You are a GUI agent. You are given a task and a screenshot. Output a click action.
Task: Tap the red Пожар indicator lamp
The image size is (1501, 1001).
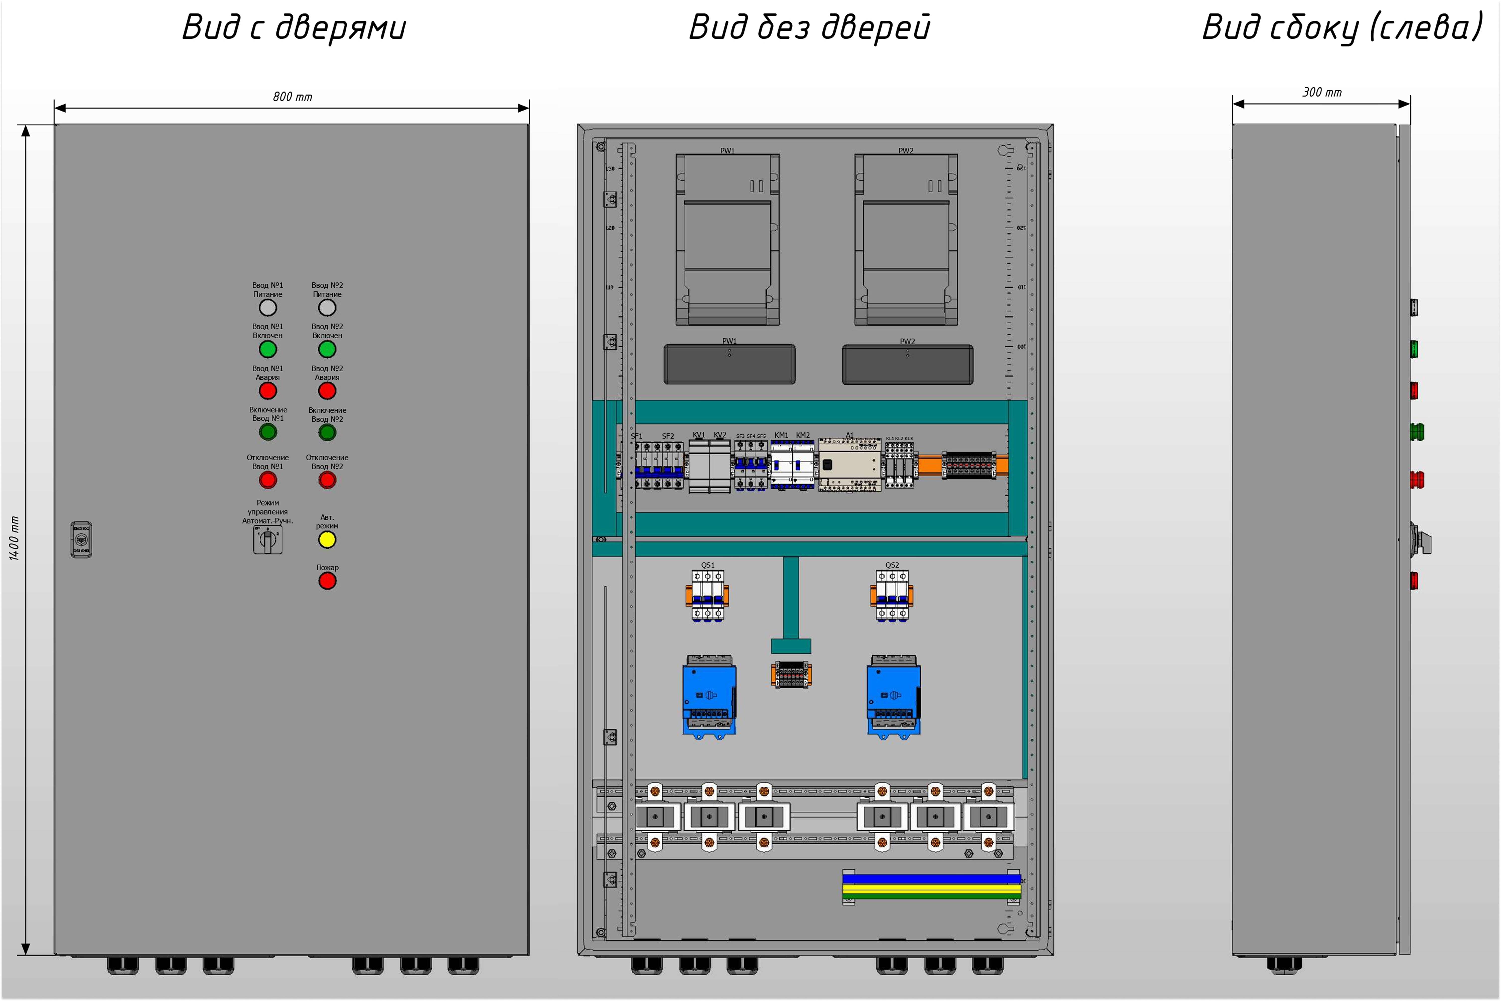point(327,581)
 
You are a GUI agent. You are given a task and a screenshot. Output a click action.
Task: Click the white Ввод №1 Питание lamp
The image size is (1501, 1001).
point(267,308)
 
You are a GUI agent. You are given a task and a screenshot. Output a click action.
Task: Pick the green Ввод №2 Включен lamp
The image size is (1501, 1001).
point(327,349)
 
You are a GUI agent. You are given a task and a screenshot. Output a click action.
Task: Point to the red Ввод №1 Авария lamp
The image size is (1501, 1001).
point(267,391)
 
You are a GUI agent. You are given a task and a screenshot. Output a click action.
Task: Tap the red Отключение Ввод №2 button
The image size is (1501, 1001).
point(327,480)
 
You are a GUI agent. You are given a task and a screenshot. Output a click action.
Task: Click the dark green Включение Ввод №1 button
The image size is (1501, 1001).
point(267,432)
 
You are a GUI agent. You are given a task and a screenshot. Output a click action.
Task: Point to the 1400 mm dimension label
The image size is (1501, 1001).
point(14,538)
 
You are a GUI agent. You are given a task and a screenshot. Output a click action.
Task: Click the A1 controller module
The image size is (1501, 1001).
point(849,465)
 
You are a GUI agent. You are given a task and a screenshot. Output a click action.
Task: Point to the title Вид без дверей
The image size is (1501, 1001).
point(809,27)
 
